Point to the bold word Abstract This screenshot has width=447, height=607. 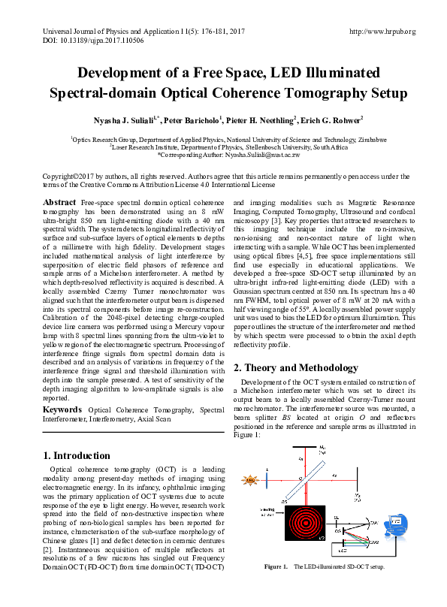point(59,203)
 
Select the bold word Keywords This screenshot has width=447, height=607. point(63,409)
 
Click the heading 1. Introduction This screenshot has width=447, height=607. point(77,455)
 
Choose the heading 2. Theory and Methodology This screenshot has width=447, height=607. point(296,367)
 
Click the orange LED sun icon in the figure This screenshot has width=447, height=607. point(250,479)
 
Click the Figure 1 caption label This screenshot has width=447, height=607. point(275,566)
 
